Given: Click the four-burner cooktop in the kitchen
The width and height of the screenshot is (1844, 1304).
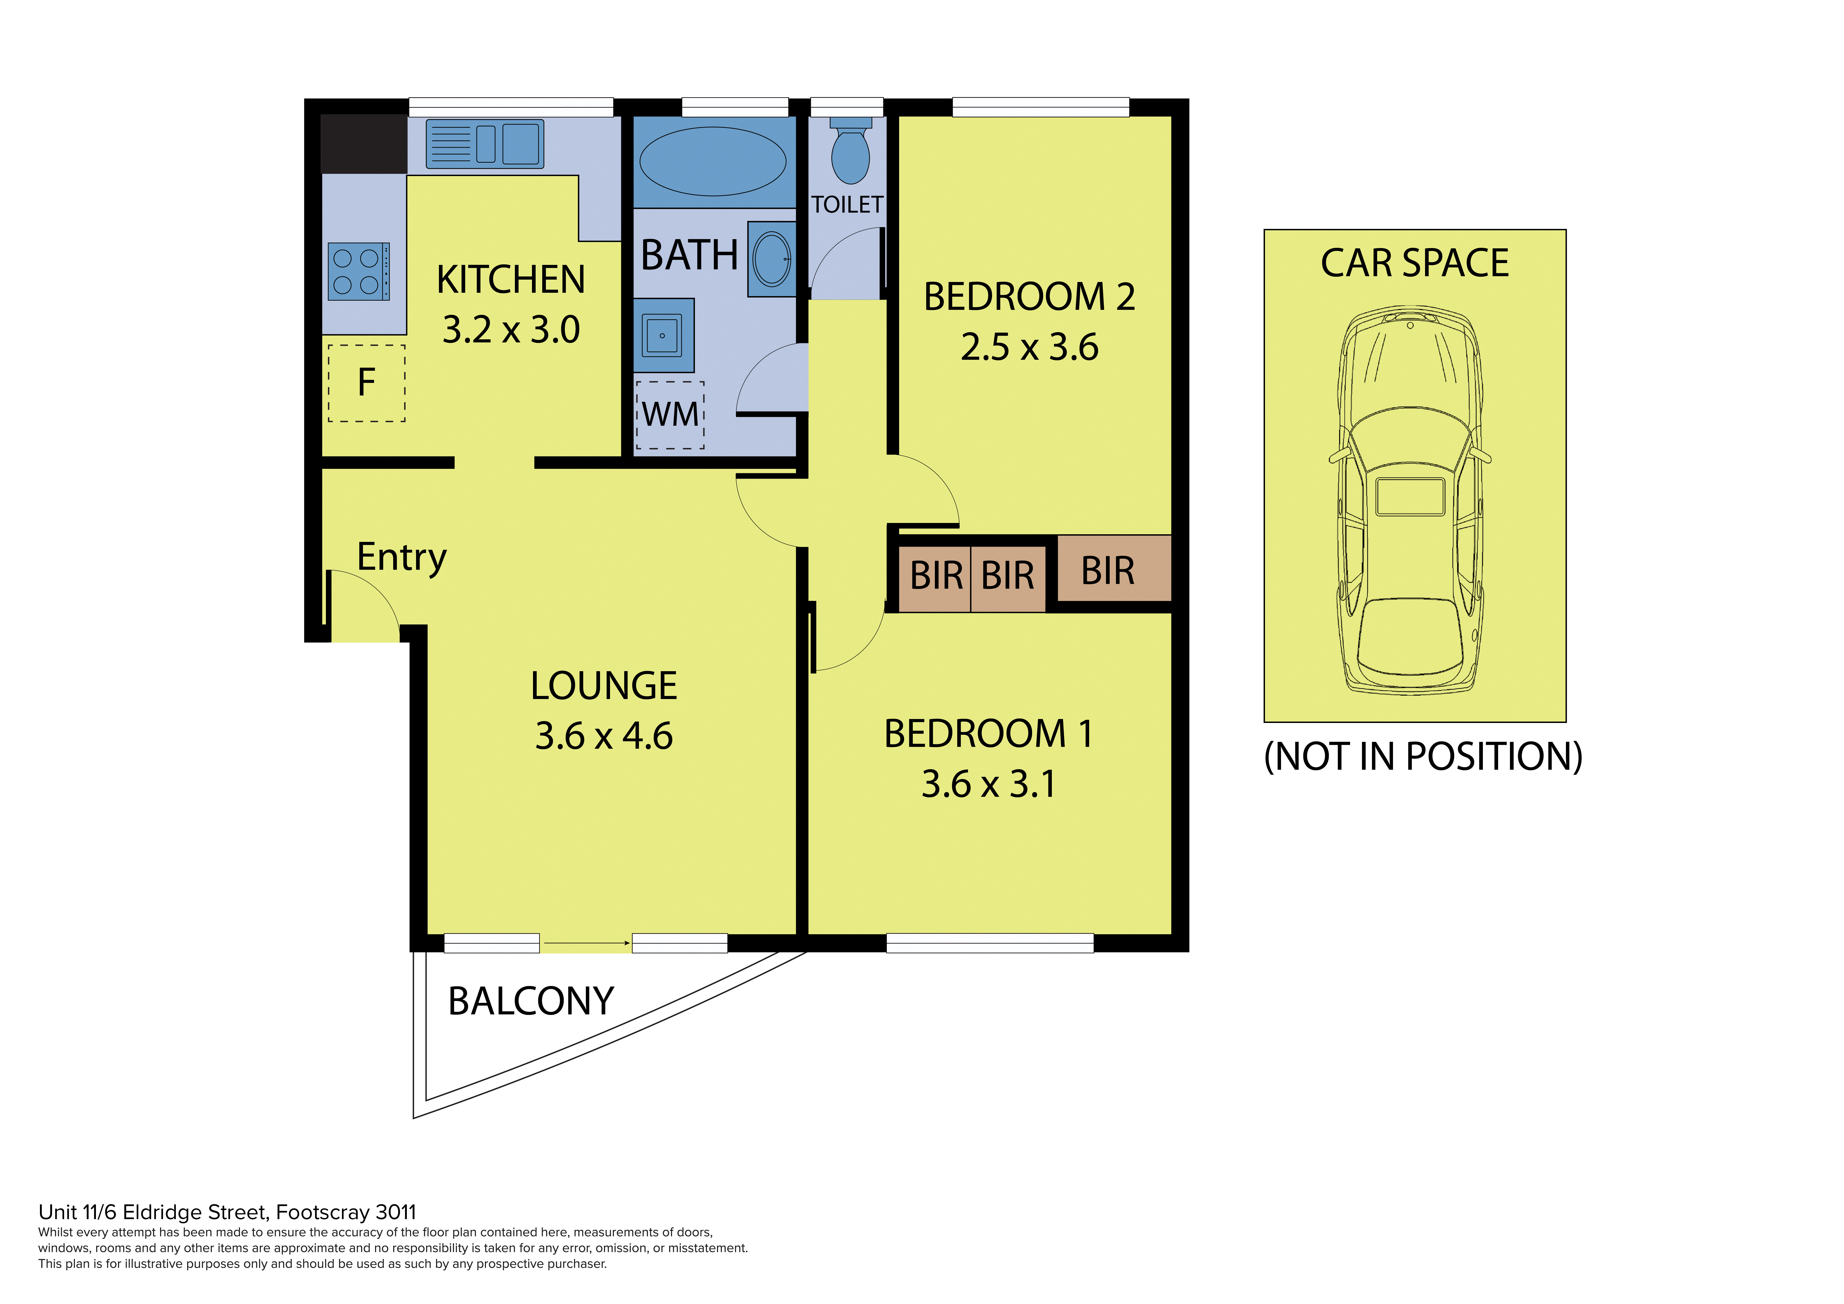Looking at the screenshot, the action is [359, 271].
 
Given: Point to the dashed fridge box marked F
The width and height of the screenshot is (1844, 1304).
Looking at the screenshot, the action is [366, 383].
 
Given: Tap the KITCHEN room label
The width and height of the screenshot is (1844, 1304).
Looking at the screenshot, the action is [511, 279].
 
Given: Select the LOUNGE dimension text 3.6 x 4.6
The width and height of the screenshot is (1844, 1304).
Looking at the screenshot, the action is [604, 736].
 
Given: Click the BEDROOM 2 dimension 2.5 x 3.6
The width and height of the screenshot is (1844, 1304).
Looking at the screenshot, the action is [1029, 347].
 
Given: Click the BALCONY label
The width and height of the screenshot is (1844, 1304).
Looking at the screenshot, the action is [531, 1001].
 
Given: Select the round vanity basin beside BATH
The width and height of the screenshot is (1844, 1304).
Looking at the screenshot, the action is [772, 259].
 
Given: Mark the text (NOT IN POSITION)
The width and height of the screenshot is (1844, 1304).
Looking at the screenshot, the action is [1423, 756].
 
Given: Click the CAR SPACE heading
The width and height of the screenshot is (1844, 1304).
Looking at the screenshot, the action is [1415, 263].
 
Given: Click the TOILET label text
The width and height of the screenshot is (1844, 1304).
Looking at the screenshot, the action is [847, 205].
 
